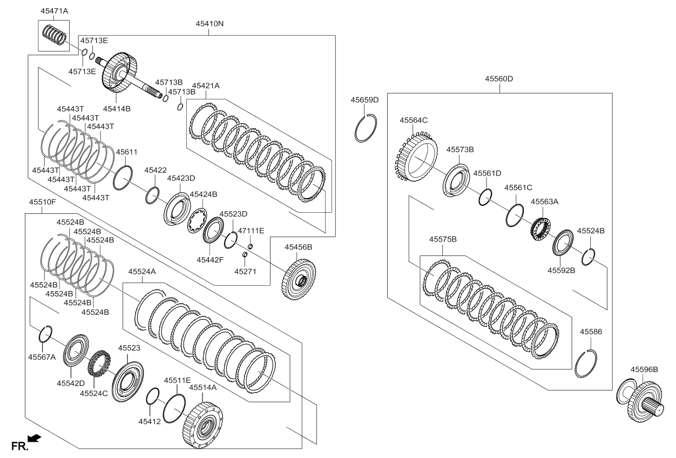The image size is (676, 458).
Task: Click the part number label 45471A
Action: [55, 10]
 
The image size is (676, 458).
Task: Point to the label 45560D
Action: [498, 79]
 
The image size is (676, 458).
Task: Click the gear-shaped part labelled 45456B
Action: [299, 280]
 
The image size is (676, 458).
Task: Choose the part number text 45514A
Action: [202, 387]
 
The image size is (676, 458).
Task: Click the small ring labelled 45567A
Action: [45, 335]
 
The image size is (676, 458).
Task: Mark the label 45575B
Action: [443, 239]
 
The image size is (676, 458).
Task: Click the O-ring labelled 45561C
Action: [515, 214]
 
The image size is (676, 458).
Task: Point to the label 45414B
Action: [118, 109]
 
